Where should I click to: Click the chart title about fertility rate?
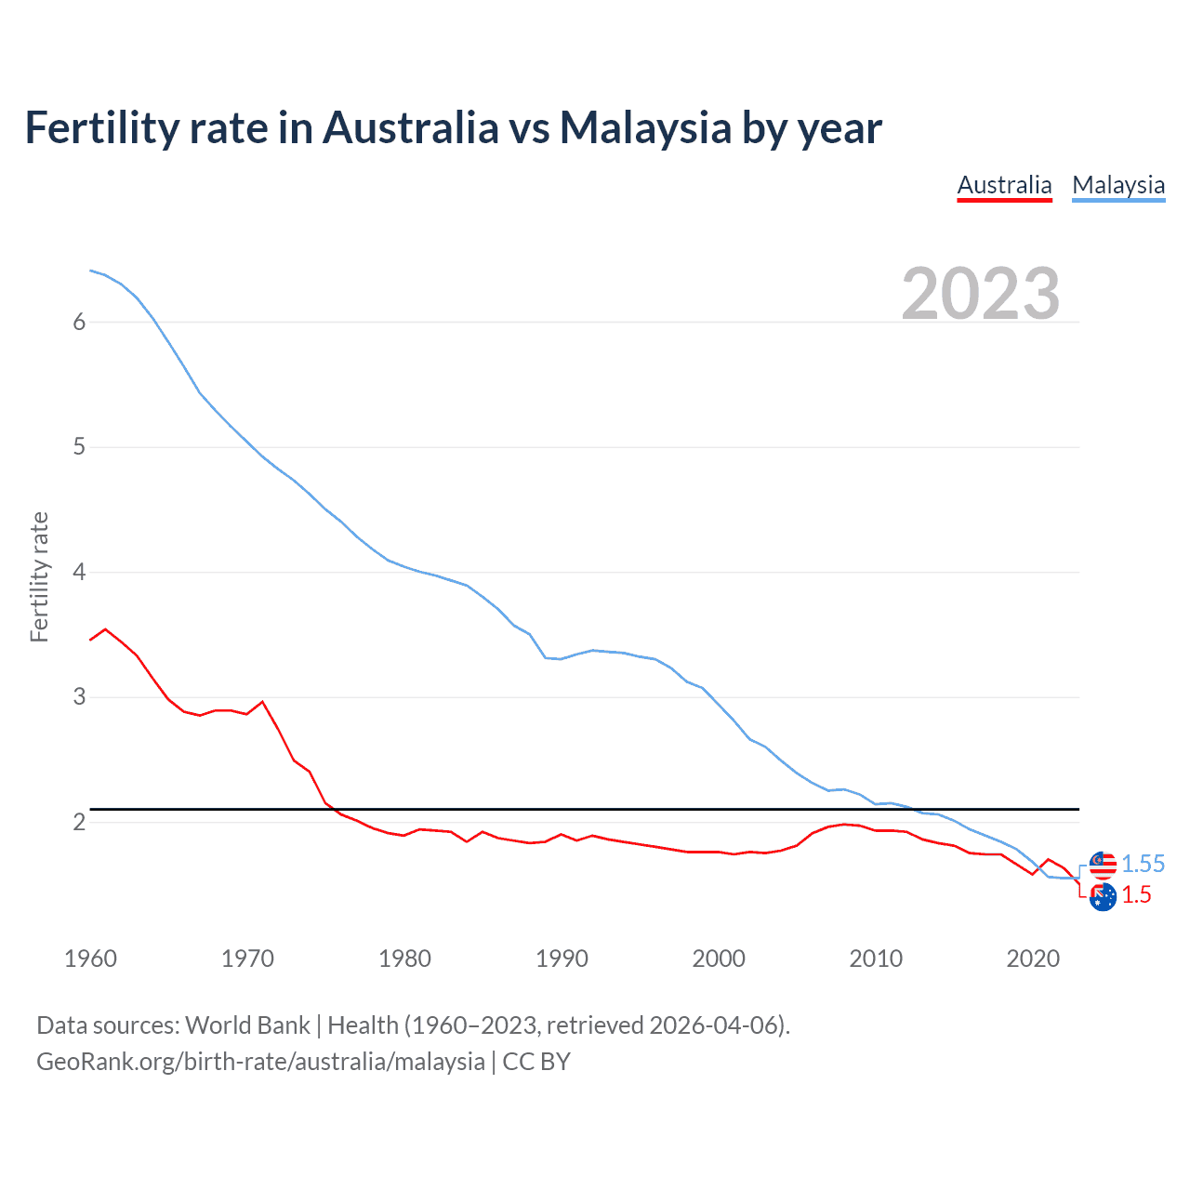[x=453, y=127]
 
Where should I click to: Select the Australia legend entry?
[x=1004, y=185]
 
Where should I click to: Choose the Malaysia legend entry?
[x=1118, y=185]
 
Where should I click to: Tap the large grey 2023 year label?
[x=981, y=294]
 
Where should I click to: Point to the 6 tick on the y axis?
[x=79, y=322]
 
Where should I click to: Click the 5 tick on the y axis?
[x=79, y=447]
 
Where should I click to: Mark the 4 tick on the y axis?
[x=79, y=572]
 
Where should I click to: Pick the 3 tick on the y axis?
[x=79, y=697]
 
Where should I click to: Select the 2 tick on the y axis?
[x=79, y=822]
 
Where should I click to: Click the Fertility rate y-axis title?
[x=39, y=576]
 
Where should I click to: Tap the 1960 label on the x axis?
[x=90, y=959]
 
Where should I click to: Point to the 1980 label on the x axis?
[x=404, y=959]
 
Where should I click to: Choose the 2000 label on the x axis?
[x=719, y=959]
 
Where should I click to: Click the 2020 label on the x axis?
[x=1033, y=959]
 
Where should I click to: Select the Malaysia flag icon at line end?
[x=1103, y=865]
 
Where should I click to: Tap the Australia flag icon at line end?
[x=1103, y=897]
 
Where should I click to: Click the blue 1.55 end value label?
[x=1143, y=864]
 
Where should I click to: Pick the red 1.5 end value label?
[x=1136, y=895]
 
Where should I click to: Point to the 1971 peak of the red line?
[x=262, y=702]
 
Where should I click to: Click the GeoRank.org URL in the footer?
[x=260, y=1062]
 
